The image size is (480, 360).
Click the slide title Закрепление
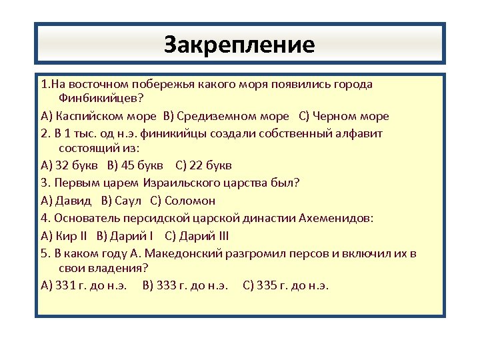coord(239,45)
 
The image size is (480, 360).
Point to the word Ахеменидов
coord(341,217)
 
